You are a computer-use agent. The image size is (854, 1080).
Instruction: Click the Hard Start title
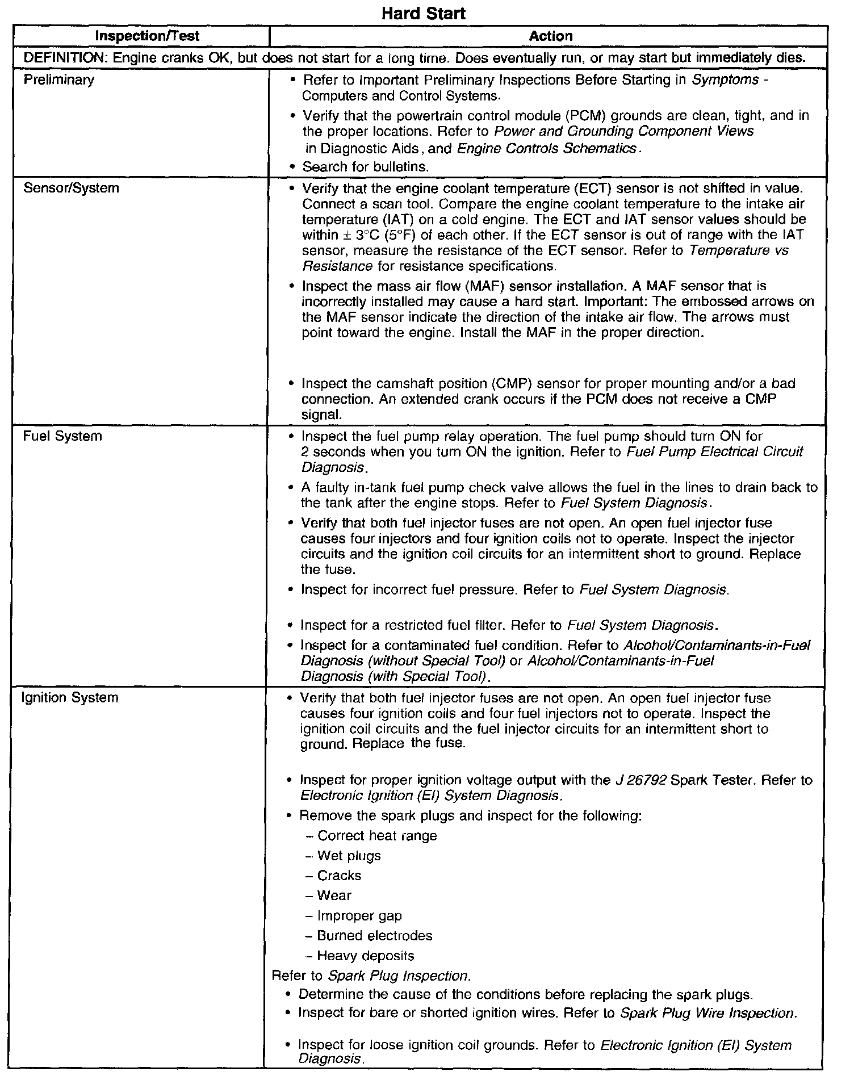pos(423,14)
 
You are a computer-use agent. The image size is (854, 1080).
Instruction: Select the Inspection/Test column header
pos(147,36)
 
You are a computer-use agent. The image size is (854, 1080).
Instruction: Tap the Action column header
pos(550,36)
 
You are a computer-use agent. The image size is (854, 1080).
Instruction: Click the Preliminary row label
pos(59,79)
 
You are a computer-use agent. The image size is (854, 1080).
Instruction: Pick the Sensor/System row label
pos(71,188)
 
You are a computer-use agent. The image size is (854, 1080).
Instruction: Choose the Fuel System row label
pos(62,436)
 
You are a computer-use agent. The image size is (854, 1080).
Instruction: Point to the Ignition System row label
pos(70,697)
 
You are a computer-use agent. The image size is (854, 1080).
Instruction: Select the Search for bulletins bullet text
pos(366,167)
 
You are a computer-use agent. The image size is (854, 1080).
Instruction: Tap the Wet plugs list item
pos(349,856)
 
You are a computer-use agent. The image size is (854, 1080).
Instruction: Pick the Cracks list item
pos(339,876)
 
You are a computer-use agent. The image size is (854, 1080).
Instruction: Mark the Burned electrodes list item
pos(375,935)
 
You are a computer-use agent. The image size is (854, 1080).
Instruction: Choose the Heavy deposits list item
pos(366,956)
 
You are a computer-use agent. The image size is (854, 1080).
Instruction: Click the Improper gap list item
pos(359,915)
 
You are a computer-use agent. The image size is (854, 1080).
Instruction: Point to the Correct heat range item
pos(377,836)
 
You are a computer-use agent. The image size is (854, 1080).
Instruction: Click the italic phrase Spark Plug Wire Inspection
pos(709,1014)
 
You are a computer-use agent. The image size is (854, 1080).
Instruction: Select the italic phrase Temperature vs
pos(738,250)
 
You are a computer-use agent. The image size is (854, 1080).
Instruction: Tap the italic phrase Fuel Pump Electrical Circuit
pos(714,452)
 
